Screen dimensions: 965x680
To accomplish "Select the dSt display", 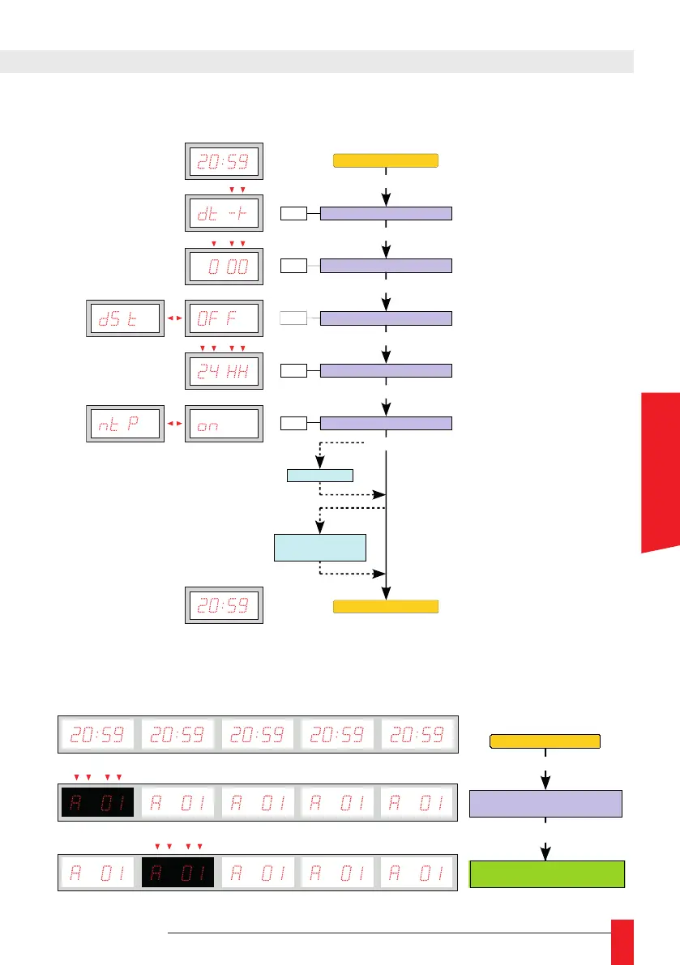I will coord(126,318).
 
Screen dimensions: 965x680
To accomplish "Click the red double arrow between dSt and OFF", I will coord(175,318).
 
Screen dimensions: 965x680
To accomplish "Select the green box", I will coord(547,875).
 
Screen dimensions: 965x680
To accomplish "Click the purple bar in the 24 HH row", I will coord(386,371).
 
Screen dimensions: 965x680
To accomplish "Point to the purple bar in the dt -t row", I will coord(386,214).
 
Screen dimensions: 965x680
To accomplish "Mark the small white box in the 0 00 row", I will coord(293,266).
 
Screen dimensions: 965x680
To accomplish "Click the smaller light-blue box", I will coord(320,475).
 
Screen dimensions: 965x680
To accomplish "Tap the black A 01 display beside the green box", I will coord(177,874).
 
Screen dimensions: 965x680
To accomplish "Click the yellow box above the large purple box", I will coord(545,740).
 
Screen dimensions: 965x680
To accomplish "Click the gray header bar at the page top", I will coord(316,61).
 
